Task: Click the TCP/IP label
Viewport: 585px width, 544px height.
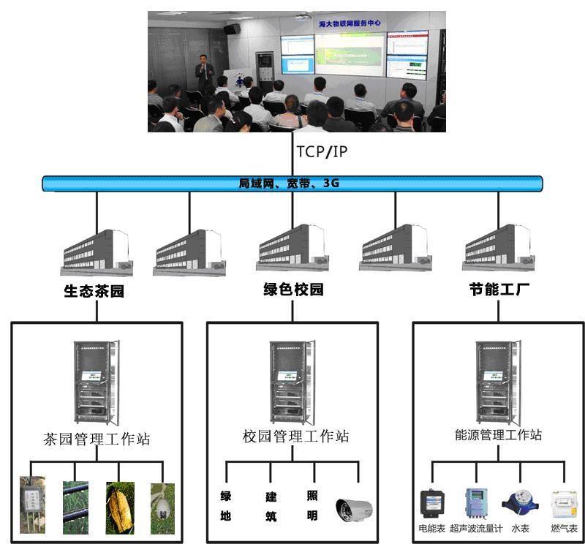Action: tap(321, 153)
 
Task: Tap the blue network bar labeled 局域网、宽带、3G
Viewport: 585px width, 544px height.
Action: tap(292, 184)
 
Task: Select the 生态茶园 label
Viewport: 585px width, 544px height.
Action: tap(94, 291)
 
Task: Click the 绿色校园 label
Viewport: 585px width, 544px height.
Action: tap(293, 290)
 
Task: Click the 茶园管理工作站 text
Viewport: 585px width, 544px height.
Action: tap(97, 439)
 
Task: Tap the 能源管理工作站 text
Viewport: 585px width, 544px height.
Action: tap(498, 435)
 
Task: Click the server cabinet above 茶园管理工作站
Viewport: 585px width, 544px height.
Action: tap(95, 382)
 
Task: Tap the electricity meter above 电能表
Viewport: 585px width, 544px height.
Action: tap(431, 504)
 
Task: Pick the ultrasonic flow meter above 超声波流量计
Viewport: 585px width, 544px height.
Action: tap(475, 502)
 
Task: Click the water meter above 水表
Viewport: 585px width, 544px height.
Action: tap(520, 504)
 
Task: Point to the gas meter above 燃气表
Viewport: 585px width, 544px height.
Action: tap(564, 504)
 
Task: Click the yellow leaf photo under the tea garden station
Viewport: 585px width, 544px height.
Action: tap(120, 507)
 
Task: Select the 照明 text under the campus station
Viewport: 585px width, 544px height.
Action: tap(312, 505)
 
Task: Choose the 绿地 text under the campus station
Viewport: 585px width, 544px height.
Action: tap(226, 506)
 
